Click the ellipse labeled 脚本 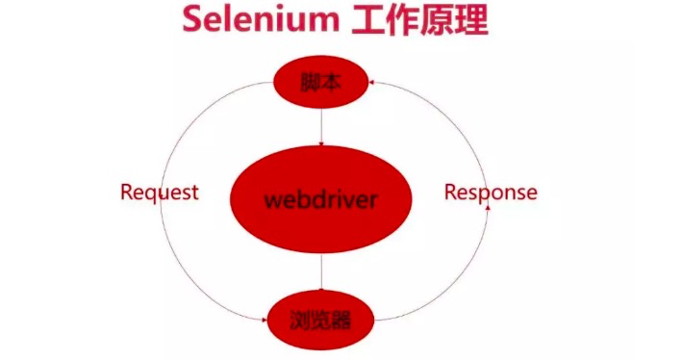pyautogui.click(x=321, y=84)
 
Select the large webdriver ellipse pyautogui.click(x=321, y=200)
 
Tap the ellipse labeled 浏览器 pyautogui.click(x=321, y=318)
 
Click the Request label pyautogui.click(x=160, y=192)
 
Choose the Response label pyautogui.click(x=491, y=193)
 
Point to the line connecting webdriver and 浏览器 pyautogui.click(x=321, y=275)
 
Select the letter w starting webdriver pyautogui.click(x=271, y=201)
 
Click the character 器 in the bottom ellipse pyautogui.click(x=340, y=318)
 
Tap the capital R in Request pyautogui.click(x=127, y=192)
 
